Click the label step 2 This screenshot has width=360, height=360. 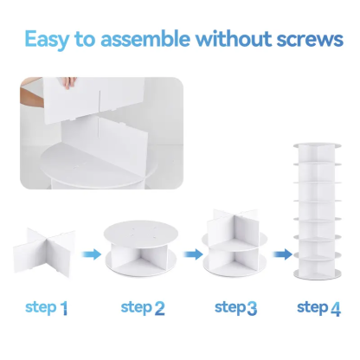142,307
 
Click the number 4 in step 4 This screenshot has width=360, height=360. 337,307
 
